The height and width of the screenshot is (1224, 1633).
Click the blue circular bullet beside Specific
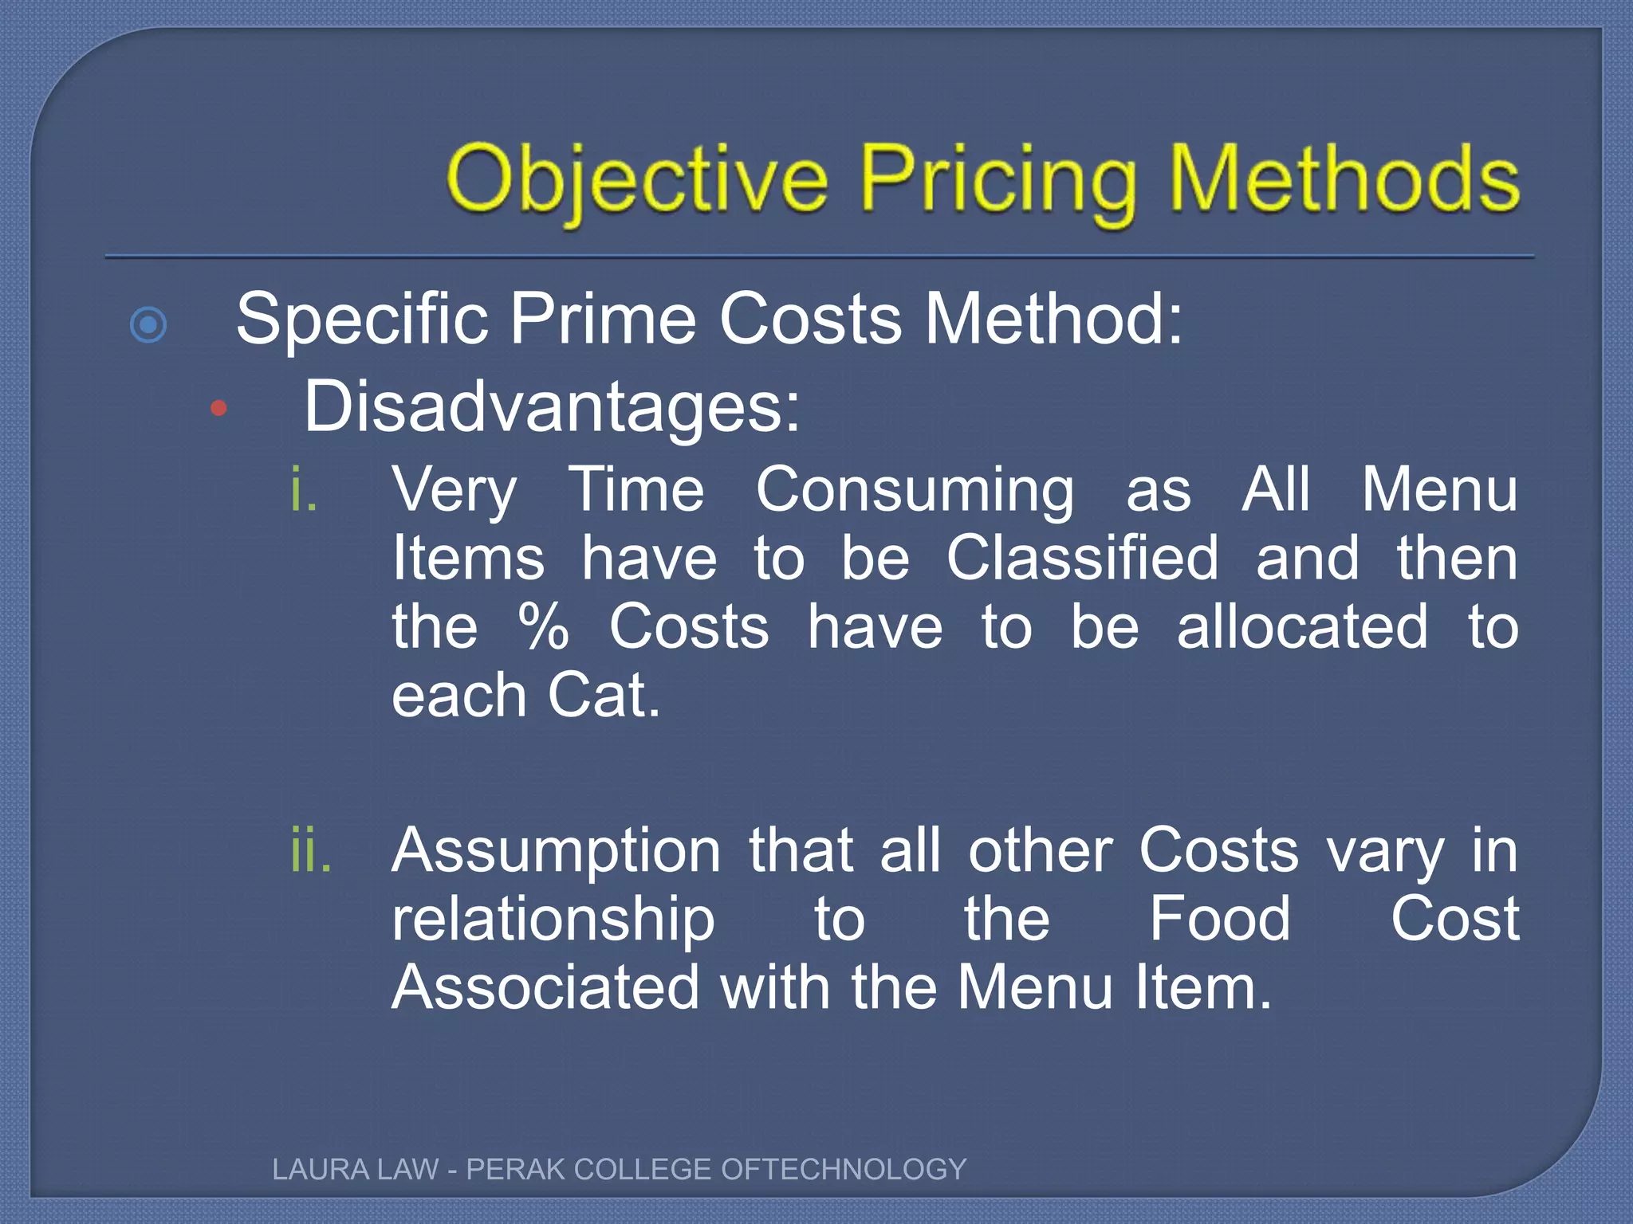coord(148,325)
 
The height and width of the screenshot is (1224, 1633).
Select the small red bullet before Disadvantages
coord(218,410)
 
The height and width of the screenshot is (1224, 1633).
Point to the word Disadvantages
coord(552,406)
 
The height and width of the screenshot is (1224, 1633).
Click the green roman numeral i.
coord(304,489)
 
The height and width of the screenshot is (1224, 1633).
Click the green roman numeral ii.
coord(311,851)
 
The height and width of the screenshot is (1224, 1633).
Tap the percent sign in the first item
coord(544,626)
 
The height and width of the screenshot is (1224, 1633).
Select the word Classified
coord(1083,558)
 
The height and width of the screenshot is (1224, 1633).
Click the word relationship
coord(553,920)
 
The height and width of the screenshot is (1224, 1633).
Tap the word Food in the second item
coord(1219,918)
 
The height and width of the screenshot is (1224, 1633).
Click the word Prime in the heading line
coord(603,319)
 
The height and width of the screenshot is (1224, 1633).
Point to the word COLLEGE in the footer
coord(643,1169)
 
